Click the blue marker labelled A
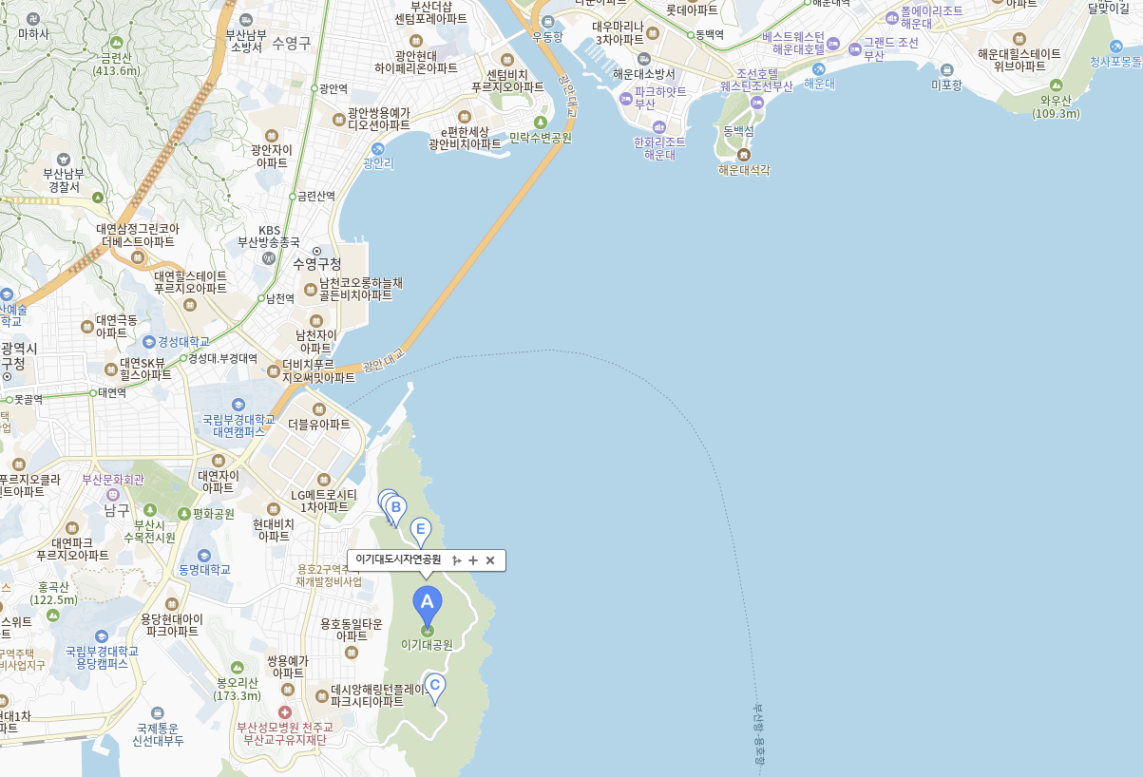(427, 602)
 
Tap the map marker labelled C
(434, 685)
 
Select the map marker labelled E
(420, 529)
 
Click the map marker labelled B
(395, 507)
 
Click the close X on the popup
(490, 560)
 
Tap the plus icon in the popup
(473, 560)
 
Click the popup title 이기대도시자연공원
(398, 560)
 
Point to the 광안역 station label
(333, 88)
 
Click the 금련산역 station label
(315, 196)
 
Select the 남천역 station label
(279, 298)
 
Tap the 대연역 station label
(111, 392)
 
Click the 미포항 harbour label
(946, 85)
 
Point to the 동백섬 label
(738, 130)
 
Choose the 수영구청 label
(316, 263)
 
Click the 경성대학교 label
(183, 341)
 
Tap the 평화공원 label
(213, 513)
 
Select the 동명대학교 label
(204, 569)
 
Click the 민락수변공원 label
(541, 137)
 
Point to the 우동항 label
(547, 36)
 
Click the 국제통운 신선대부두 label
(158, 733)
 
